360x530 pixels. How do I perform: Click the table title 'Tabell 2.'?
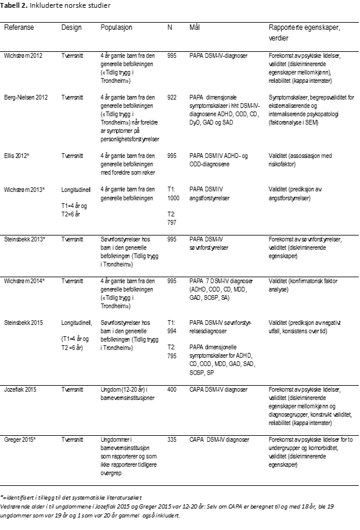[15, 5]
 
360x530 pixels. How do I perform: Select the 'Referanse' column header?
[20, 28]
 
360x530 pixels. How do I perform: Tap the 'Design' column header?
[71, 28]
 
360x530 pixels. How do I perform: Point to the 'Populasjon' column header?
[116, 28]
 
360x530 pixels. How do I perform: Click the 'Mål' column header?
[194, 28]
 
